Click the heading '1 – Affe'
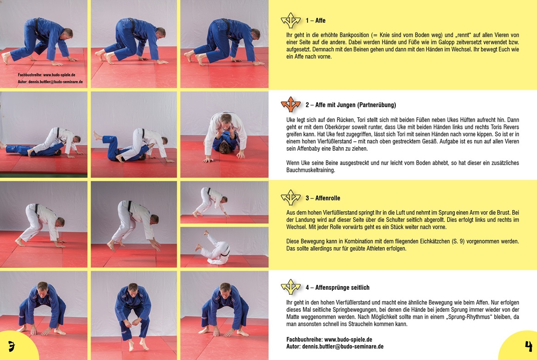[x=315, y=21]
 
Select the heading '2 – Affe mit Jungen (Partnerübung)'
[x=351, y=105]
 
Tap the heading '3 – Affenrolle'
[x=323, y=198]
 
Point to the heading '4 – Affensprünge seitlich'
[x=337, y=288]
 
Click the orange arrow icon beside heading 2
[x=291, y=105]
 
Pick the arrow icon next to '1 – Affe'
[x=291, y=20]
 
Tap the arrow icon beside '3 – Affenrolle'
[x=291, y=198]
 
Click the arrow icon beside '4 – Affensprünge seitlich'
[x=291, y=287]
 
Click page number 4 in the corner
[x=528, y=346]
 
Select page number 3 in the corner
[x=11, y=346]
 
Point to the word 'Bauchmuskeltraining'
[x=311, y=170]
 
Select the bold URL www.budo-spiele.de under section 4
[x=348, y=339]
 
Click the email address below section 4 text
[x=342, y=347]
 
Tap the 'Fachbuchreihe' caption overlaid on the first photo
[x=30, y=75]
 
